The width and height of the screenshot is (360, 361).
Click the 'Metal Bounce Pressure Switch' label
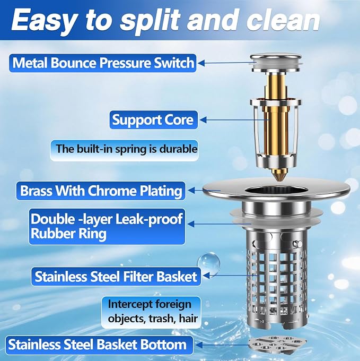(102, 63)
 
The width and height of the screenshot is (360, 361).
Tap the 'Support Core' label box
(153, 120)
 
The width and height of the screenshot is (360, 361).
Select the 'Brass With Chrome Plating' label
(101, 191)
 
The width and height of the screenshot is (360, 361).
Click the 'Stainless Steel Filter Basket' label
(116, 276)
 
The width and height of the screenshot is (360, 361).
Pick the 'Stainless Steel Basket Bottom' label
(99, 345)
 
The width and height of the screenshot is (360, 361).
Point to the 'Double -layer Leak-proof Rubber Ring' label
(107, 227)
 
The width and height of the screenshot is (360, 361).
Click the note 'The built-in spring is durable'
(124, 150)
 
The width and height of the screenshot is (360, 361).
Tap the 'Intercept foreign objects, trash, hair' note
(151, 312)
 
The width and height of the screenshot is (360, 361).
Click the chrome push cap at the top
(276, 62)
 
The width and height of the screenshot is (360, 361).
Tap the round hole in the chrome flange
(276, 191)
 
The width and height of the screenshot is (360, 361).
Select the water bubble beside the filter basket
(208, 264)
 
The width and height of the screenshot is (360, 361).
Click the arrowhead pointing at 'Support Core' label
(203, 120)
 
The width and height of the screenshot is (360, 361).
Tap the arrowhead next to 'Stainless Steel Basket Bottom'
(199, 345)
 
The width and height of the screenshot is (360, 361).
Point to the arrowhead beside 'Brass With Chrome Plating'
(191, 191)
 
